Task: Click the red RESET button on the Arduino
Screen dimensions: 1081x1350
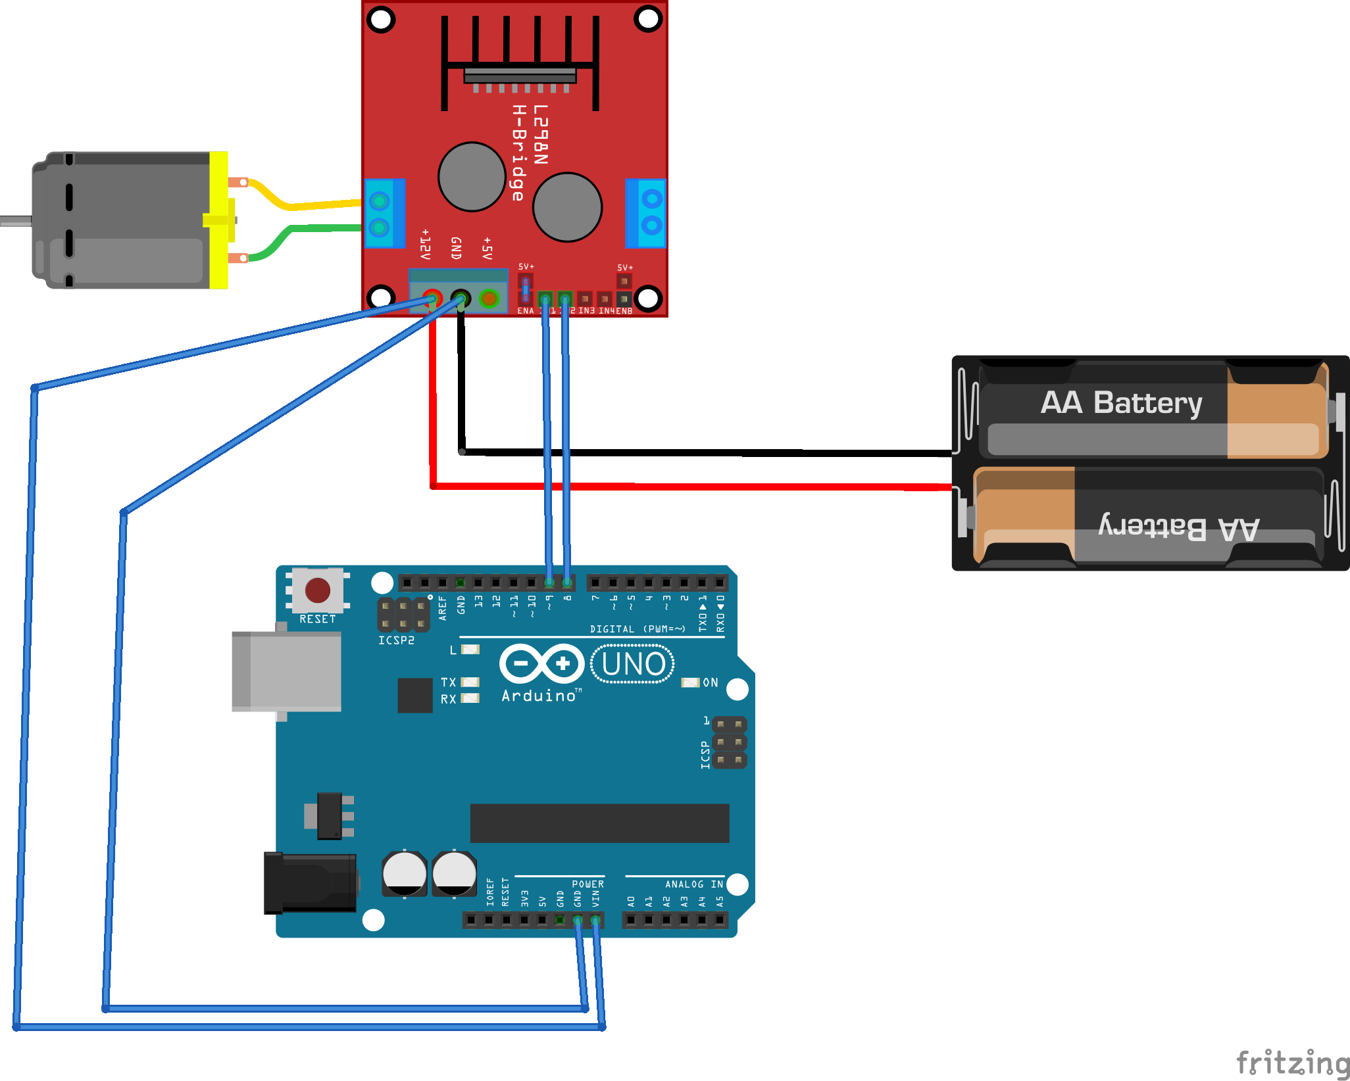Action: [318, 590]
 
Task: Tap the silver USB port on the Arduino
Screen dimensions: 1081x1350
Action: [287, 671]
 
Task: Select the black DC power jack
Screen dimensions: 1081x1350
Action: [309, 882]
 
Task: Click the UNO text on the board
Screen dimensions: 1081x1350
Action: [632, 664]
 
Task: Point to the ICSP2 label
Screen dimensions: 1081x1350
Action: [396, 640]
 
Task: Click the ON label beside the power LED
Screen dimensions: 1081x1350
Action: [711, 683]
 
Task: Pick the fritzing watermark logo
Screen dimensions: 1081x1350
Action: [1292, 1061]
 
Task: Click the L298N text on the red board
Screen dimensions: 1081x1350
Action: [540, 134]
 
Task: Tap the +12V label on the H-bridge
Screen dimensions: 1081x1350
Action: [425, 244]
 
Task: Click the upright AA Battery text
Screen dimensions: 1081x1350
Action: [1121, 402]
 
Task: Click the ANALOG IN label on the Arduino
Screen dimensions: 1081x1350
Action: [693, 884]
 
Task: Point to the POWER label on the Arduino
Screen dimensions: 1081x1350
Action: [587, 884]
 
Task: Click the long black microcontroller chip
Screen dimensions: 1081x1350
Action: [599, 823]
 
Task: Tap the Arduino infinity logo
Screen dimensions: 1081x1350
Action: [541, 663]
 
